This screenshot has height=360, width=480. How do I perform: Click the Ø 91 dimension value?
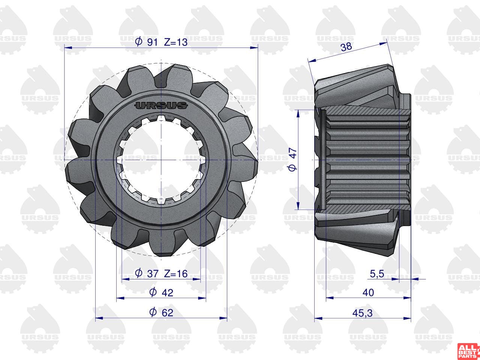pos(146,42)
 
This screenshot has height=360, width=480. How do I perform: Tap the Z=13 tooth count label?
pos(176,42)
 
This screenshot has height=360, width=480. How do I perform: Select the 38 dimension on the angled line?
pos(346,47)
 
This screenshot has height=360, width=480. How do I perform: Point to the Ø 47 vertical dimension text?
pos(292,160)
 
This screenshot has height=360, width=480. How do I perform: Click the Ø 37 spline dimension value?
pos(147,273)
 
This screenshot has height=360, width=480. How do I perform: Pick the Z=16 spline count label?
pos(176,274)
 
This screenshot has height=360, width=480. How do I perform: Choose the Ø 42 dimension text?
pos(161,292)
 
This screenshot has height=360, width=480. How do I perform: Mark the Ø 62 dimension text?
pos(161,312)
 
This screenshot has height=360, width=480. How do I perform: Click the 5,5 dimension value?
pos(377,274)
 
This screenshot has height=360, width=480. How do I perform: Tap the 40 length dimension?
pos(368,292)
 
